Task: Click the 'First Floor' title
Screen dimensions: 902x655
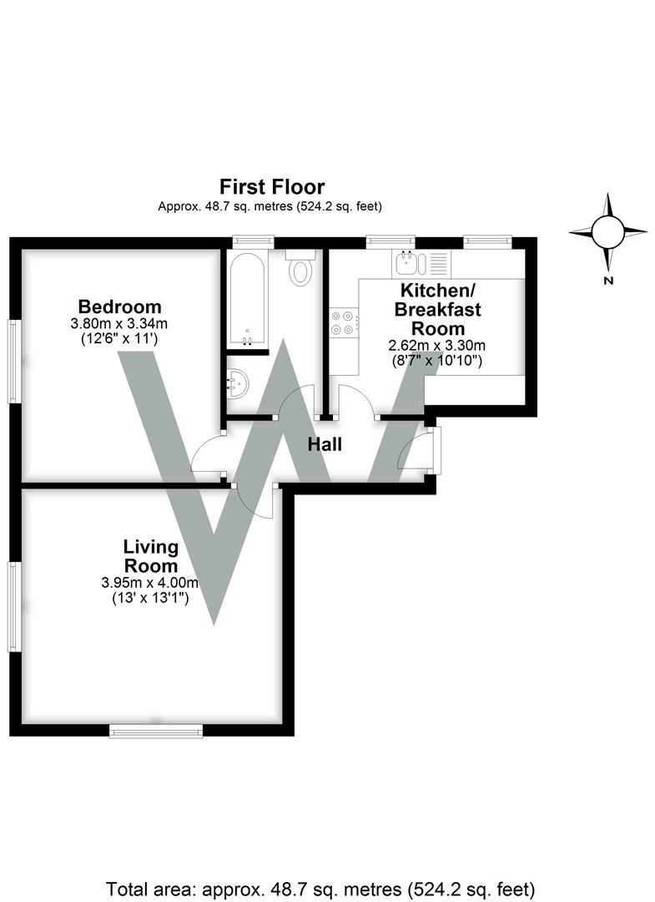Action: tap(271, 186)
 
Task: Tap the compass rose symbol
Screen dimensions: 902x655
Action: tap(607, 231)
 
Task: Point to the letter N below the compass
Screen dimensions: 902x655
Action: tap(608, 281)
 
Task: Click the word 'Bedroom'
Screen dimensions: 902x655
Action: tap(119, 306)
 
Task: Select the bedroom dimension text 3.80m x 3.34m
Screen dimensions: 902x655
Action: tap(119, 323)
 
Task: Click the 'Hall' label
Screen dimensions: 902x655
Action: tap(325, 445)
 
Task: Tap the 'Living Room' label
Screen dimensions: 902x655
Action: tap(151, 556)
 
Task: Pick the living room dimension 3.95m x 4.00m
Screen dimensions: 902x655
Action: tap(151, 583)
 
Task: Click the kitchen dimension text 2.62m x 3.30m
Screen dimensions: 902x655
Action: tap(437, 345)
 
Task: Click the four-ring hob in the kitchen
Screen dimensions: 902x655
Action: tap(344, 322)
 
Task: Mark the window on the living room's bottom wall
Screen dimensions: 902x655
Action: tap(156, 732)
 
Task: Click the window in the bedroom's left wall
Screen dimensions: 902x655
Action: tap(14, 361)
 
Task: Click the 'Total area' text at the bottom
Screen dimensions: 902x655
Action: tap(326, 887)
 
